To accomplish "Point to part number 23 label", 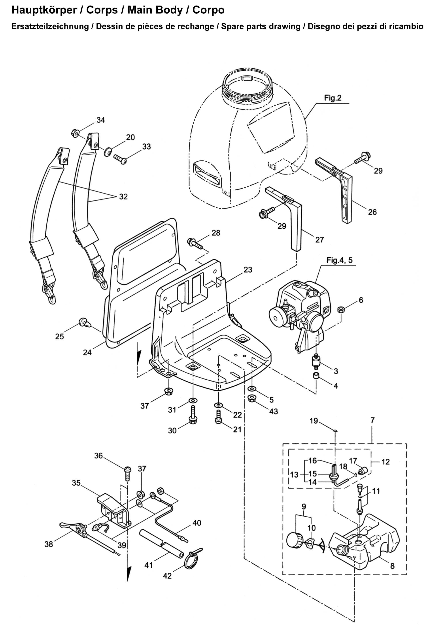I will [x=248, y=269].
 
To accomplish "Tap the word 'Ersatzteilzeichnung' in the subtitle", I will [x=50, y=27].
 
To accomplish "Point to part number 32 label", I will [x=123, y=197].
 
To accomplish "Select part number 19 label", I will [x=314, y=421].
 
